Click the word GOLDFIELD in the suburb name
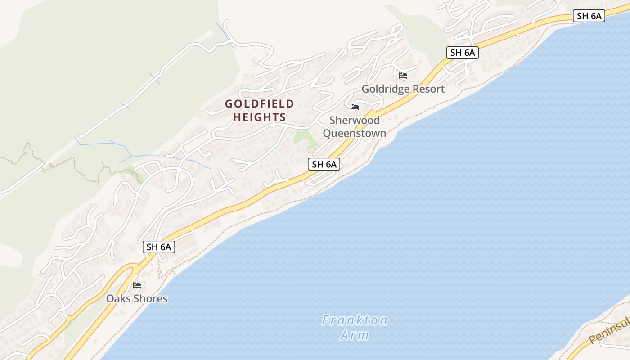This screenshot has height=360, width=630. coord(259,104)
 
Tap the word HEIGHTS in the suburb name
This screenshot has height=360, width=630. coord(256,117)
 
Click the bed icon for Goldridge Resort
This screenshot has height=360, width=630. coord(403,76)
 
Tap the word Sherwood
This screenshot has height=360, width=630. coord(355,120)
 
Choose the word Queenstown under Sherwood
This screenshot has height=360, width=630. coord(355,133)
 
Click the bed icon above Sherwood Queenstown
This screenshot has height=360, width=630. coord(355,107)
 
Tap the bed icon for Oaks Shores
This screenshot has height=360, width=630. coord(137,285)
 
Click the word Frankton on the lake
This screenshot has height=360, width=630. coord(355,320)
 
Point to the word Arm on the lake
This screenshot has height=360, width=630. coord(355,335)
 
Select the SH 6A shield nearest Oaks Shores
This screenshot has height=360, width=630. coord(159,247)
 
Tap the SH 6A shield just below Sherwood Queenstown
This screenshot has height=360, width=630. coord(324,165)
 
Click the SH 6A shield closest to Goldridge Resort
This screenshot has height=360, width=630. coord(463,53)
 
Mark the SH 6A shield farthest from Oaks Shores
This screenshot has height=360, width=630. coord(589,16)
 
